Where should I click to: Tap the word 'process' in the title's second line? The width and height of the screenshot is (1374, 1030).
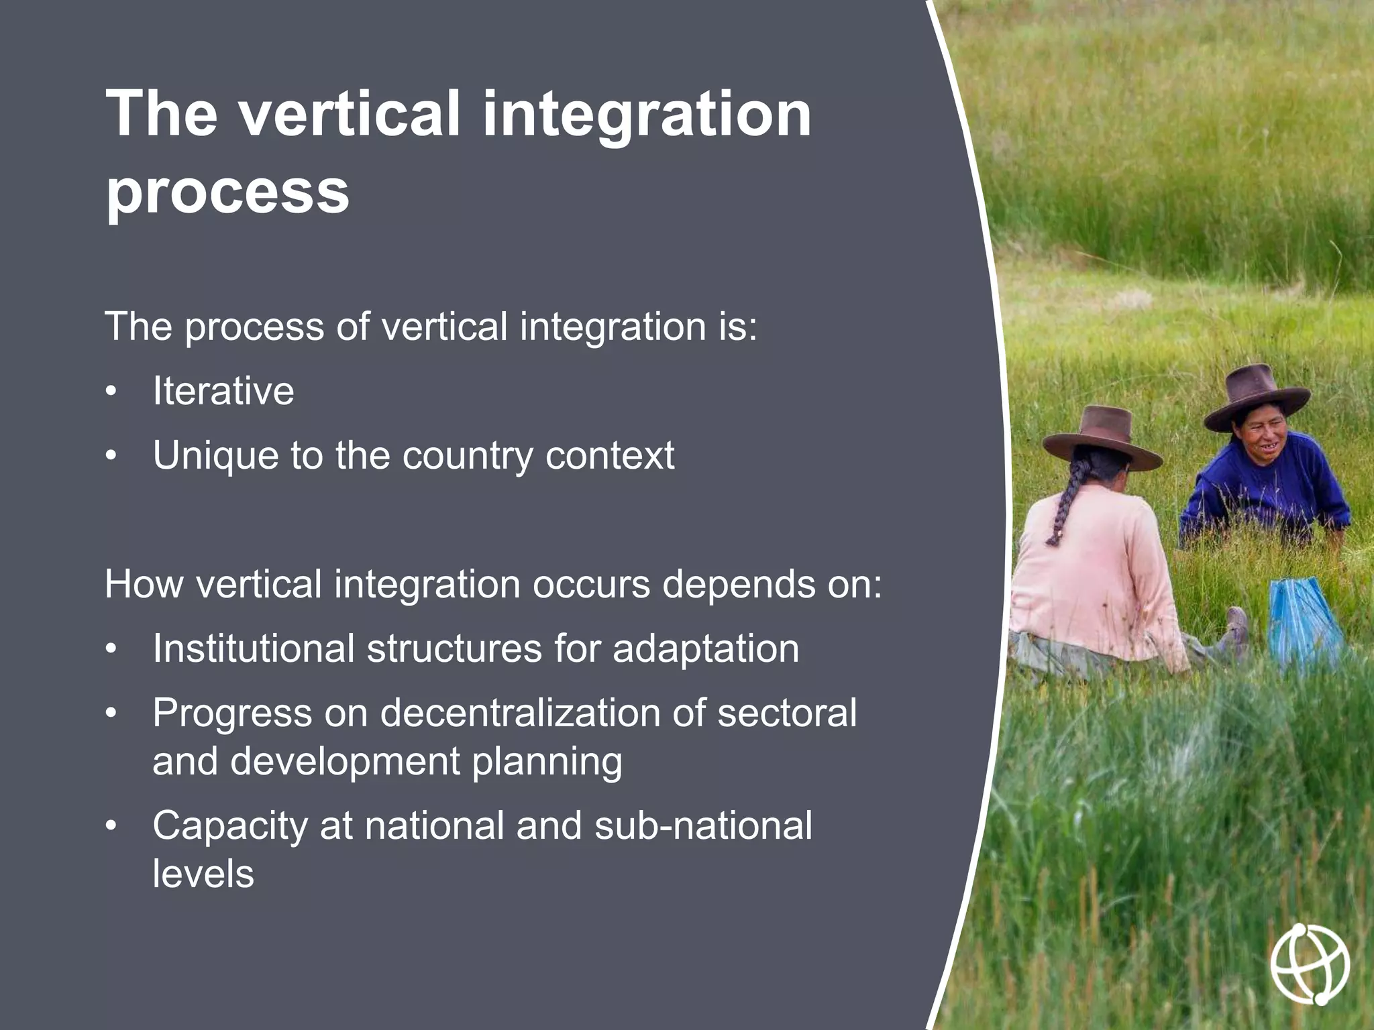coord(227,193)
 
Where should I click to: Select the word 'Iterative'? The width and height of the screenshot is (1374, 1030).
coord(223,391)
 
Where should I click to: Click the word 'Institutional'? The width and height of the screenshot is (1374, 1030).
coord(253,649)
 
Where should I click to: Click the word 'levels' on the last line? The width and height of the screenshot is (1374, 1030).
coord(203,874)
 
